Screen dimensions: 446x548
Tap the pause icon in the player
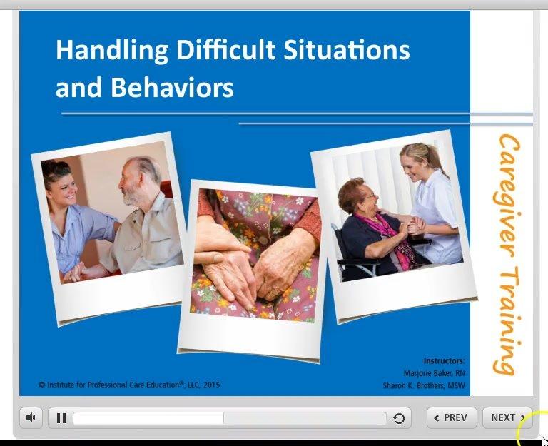tap(61, 418)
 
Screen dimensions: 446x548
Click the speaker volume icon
tap(31, 418)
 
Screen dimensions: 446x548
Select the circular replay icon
tap(399, 419)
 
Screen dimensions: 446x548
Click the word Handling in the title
tap(111, 50)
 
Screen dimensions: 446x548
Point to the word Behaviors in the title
tap(173, 87)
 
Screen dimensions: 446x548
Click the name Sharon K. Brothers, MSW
tap(424, 386)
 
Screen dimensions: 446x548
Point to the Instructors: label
tap(444, 361)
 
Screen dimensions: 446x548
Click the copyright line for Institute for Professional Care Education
tap(129, 385)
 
